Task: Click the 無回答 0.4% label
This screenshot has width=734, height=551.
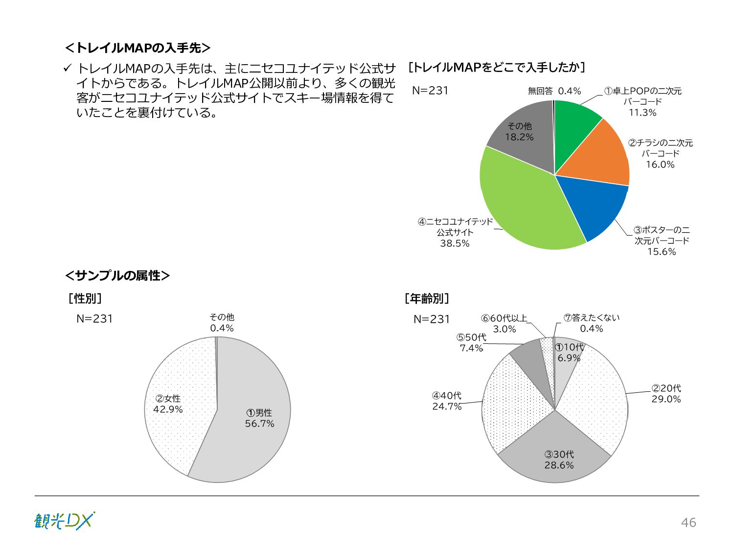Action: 554,91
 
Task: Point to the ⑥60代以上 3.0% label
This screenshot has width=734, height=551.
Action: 504,324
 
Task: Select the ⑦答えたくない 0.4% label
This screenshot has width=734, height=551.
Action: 592,323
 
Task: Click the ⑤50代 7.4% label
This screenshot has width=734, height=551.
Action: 471,343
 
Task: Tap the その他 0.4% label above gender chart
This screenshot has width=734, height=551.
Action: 222,323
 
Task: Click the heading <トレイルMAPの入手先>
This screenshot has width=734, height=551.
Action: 138,48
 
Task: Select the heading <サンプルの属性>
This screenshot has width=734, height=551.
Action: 117,276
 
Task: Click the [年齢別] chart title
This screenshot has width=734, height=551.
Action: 427,298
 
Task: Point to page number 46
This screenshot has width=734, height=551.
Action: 688,523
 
